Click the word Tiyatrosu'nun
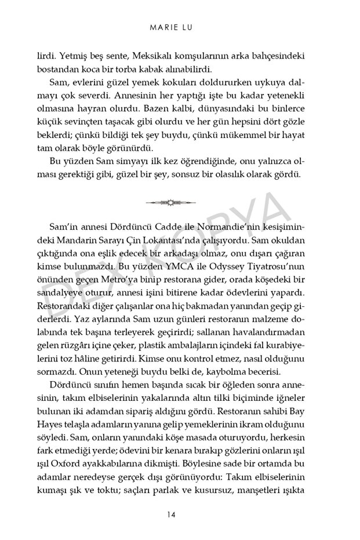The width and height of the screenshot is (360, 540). [x=277, y=271]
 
